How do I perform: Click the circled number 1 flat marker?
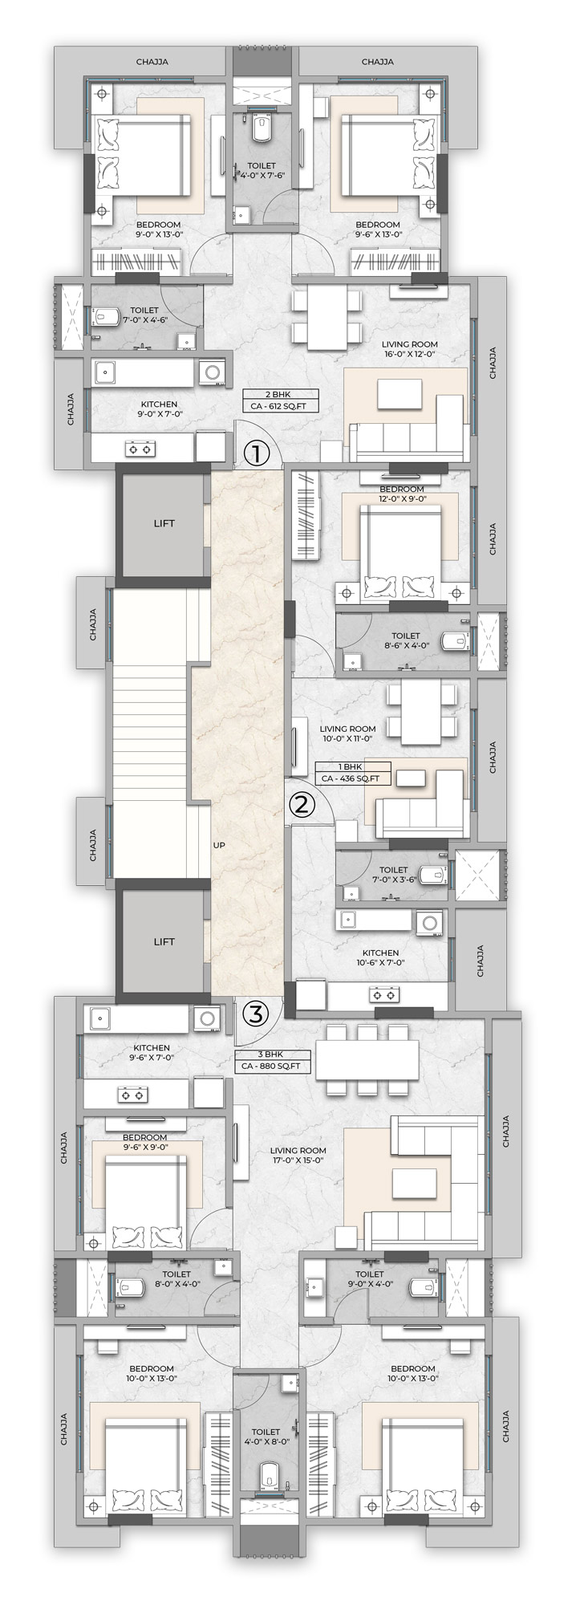pyautogui.click(x=256, y=454)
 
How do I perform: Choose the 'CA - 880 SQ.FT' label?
pyautogui.click(x=271, y=1067)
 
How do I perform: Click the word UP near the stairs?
pyautogui.click(x=219, y=845)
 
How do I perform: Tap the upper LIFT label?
pyautogui.click(x=164, y=523)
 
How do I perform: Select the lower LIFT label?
pyautogui.click(x=164, y=941)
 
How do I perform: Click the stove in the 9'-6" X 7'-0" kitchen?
pyautogui.click(x=133, y=1093)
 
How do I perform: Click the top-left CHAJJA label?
pyautogui.click(x=152, y=62)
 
